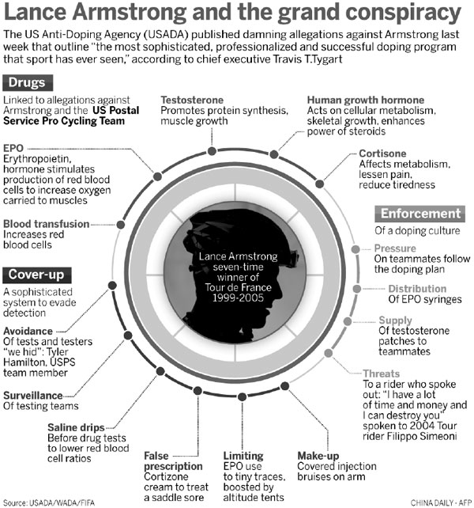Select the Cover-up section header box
36,275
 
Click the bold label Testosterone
193,100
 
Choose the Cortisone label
382,154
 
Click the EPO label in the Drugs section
13,147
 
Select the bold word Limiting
243,457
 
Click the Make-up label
319,457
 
